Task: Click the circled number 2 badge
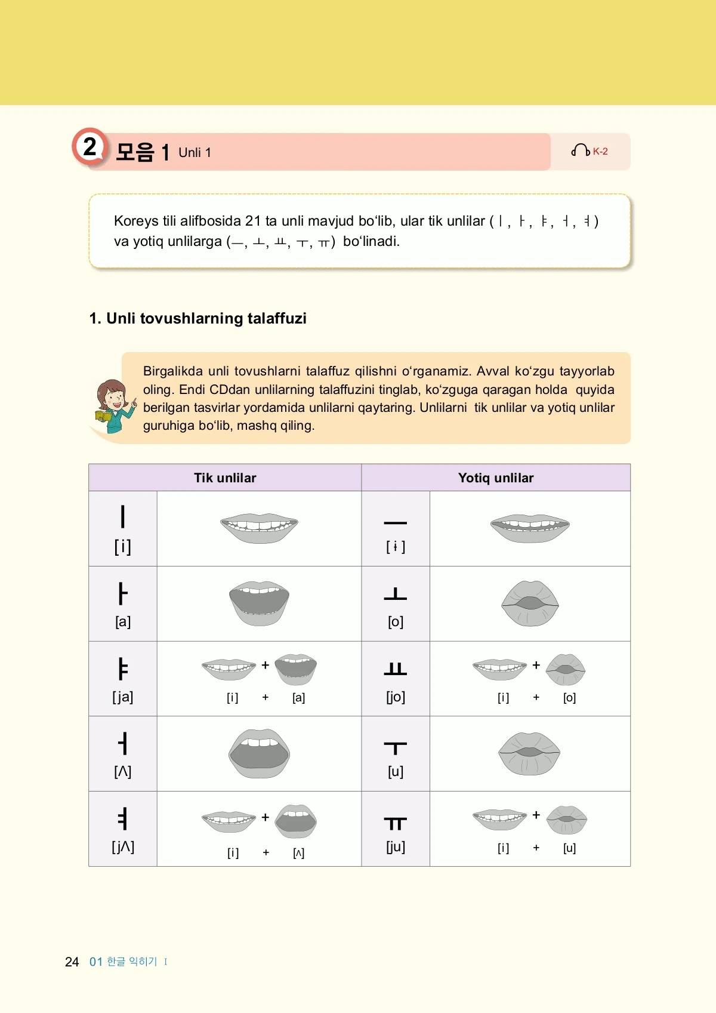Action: pos(89,146)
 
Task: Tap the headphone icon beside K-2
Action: pos(580,150)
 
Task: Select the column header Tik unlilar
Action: pos(225,478)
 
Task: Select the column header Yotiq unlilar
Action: pos(496,478)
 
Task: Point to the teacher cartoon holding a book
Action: pos(113,406)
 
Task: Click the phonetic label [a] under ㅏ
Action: pos(123,621)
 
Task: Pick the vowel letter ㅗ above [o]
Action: pos(395,593)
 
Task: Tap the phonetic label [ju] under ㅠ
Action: pos(396,846)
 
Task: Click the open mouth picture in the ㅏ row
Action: pos(259,603)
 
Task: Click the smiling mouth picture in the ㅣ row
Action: pos(259,528)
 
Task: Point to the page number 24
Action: pos(72,962)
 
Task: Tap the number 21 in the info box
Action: pos(253,221)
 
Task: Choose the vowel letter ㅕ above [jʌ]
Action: pos(123,818)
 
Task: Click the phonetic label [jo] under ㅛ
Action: pos(396,697)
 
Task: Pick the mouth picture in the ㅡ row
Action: pos(530,528)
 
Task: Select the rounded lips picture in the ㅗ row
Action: pos(530,603)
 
